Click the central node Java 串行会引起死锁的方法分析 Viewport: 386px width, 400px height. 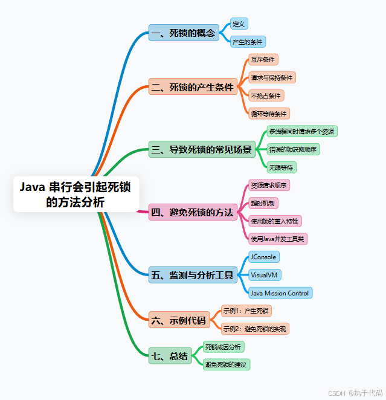[76, 194]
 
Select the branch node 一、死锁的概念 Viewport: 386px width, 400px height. [184, 33]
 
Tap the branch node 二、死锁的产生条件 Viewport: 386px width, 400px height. [193, 88]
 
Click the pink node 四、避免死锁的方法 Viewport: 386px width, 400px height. [193, 212]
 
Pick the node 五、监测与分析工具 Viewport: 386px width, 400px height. [193, 275]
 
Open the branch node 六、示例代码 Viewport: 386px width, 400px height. [179, 320]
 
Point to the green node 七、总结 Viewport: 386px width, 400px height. [170, 355]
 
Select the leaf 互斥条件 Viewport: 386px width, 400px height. [263, 60]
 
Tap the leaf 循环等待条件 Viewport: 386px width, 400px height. [269, 114]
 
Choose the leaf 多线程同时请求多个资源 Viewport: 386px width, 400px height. [303, 131]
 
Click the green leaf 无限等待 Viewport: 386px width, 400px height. [282, 167]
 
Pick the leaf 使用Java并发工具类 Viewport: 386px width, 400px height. [278, 239]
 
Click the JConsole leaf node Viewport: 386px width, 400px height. [264, 257]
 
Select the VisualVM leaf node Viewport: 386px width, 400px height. [265, 275]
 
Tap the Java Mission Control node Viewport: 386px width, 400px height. [280, 293]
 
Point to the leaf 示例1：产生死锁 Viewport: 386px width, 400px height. [246, 311]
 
